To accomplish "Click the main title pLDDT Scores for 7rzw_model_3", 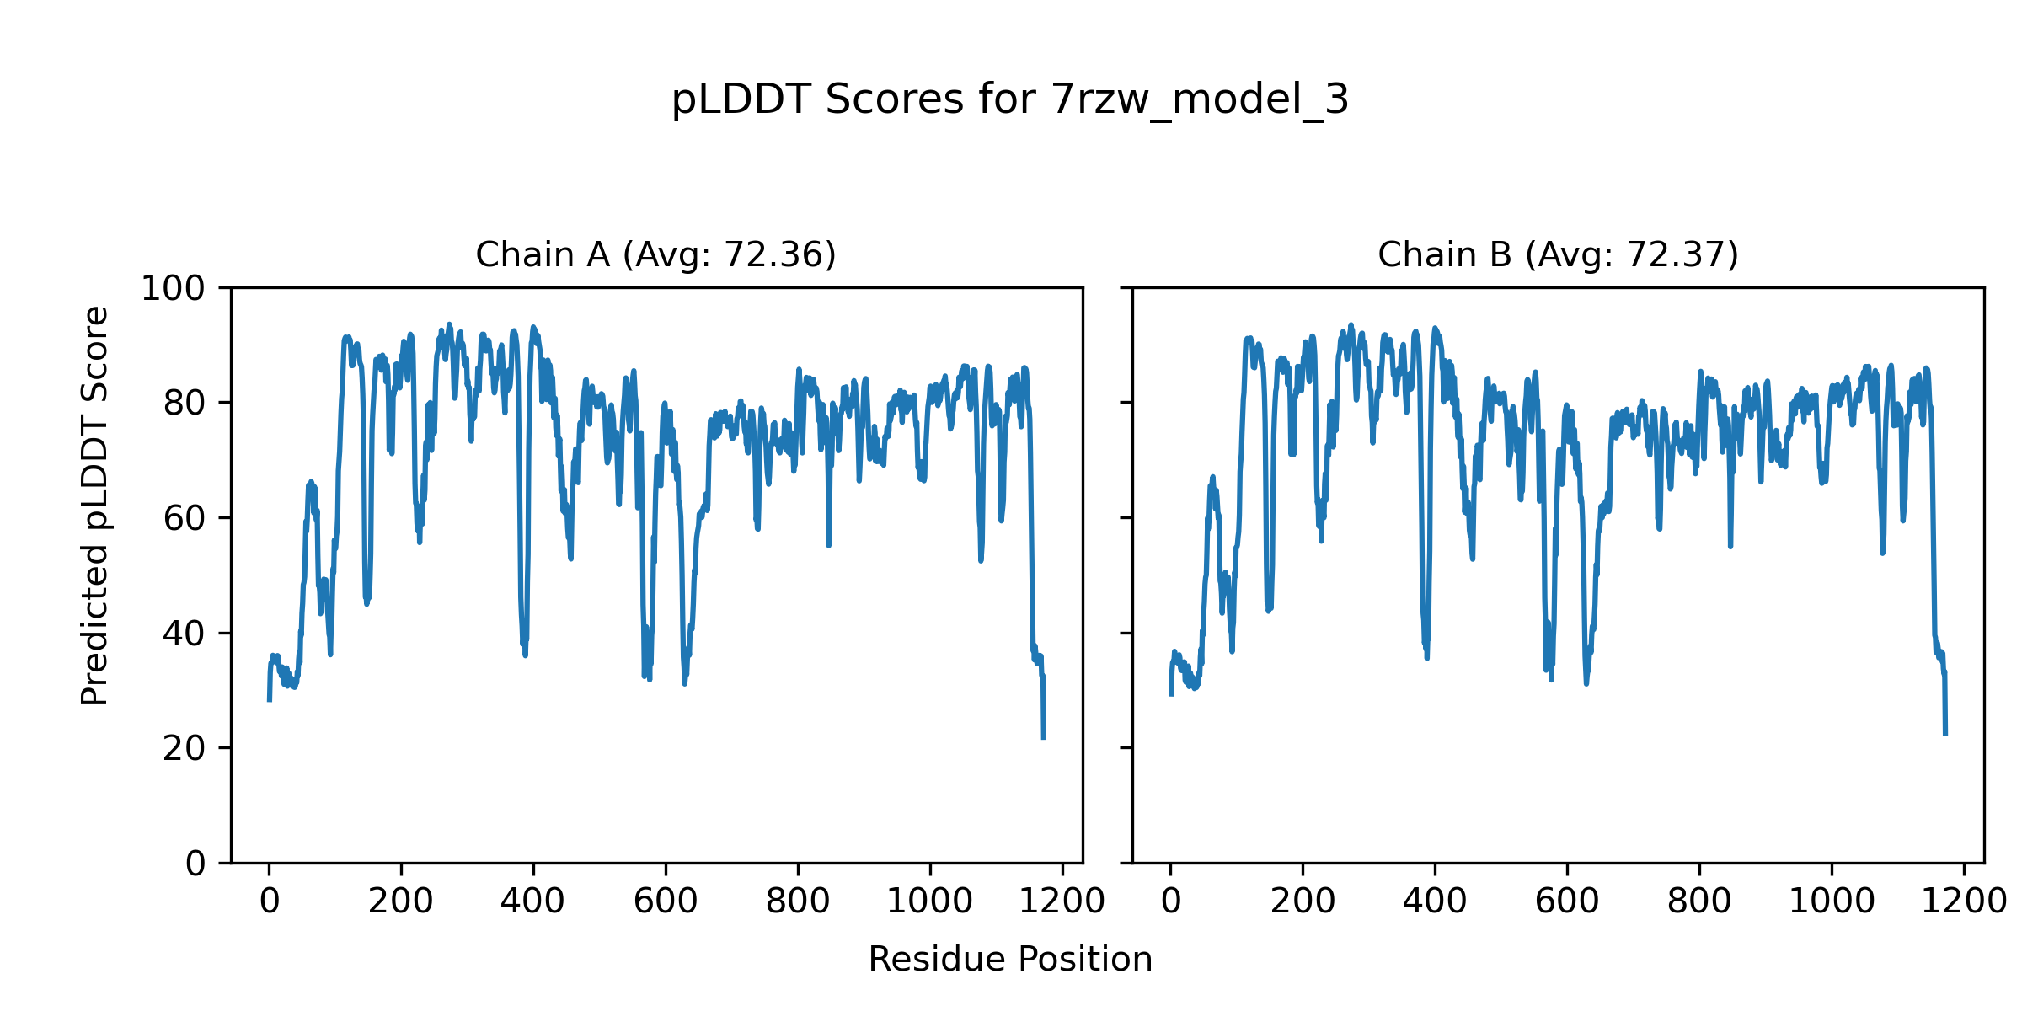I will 1010,100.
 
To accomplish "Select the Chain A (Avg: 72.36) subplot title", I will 655,254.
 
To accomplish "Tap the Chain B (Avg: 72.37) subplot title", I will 1558,254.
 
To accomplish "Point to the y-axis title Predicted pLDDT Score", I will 94,505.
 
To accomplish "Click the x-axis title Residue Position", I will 1010,960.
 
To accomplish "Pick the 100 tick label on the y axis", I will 173,289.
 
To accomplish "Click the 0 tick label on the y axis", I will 195,864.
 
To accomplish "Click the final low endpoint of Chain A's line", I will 1044,738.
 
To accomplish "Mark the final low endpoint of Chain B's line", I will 1945,734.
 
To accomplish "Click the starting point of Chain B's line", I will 1170,695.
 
